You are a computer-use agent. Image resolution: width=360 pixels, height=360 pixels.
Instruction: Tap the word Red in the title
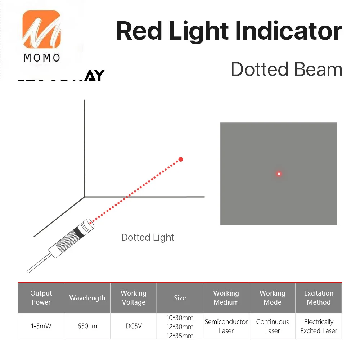139,31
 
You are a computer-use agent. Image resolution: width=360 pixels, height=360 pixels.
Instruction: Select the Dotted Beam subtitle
286,69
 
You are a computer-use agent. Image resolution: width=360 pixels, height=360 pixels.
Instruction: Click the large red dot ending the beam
181,159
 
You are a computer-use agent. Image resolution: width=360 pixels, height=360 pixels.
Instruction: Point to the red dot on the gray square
279,174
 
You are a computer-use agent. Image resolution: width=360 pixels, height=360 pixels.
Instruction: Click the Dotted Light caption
148,238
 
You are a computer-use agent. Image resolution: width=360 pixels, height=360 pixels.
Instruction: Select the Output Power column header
41,298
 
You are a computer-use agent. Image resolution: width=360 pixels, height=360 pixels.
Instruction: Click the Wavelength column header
87,298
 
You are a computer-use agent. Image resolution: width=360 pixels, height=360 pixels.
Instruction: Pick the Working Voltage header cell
134,298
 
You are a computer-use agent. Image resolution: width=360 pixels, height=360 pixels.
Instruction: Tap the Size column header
180,298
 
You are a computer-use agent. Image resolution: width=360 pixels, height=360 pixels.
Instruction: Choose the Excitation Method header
319,298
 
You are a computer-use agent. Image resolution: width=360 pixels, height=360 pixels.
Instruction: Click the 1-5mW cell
41,327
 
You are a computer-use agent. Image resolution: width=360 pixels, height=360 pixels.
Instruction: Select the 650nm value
87,327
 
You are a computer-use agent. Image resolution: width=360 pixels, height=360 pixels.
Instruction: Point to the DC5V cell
134,327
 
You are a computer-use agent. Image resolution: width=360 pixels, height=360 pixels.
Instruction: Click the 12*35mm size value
180,336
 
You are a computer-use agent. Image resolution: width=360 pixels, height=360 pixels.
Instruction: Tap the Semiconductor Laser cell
226,326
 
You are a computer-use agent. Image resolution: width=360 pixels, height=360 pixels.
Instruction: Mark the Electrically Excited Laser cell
319,326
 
